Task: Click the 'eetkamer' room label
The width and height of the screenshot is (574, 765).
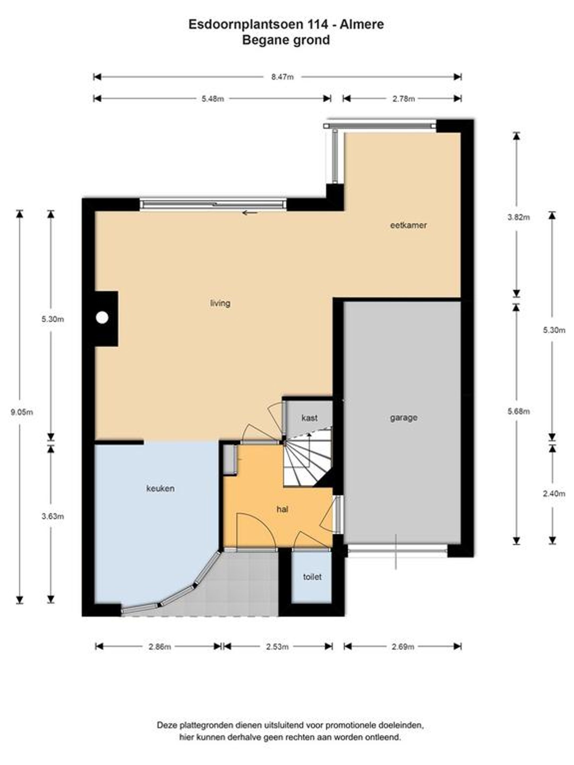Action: click(x=408, y=225)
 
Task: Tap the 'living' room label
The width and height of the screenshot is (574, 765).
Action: click(x=220, y=303)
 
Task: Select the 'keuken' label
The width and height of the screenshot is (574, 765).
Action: click(x=160, y=488)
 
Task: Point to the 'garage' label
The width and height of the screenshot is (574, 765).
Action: click(x=403, y=418)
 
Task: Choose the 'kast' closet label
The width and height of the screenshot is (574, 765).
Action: click(x=309, y=418)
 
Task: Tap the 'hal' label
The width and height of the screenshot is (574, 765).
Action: click(x=282, y=509)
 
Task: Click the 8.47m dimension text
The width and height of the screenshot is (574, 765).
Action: click(x=282, y=77)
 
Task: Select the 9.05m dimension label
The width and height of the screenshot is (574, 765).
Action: click(x=22, y=412)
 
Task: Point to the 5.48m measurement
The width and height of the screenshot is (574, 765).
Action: click(x=212, y=99)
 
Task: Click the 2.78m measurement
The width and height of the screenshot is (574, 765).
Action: click(x=403, y=99)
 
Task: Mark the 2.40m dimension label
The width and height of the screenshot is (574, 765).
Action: click(x=554, y=494)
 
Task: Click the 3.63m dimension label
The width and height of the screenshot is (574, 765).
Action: click(x=53, y=516)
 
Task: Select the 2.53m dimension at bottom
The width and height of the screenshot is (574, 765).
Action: click(x=277, y=646)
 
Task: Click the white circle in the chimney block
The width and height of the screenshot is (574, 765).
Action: click(x=102, y=317)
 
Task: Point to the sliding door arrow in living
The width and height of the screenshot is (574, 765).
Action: click(x=250, y=213)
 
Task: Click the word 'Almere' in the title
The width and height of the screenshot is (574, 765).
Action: click(x=362, y=24)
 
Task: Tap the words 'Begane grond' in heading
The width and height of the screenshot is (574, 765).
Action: click(x=286, y=40)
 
